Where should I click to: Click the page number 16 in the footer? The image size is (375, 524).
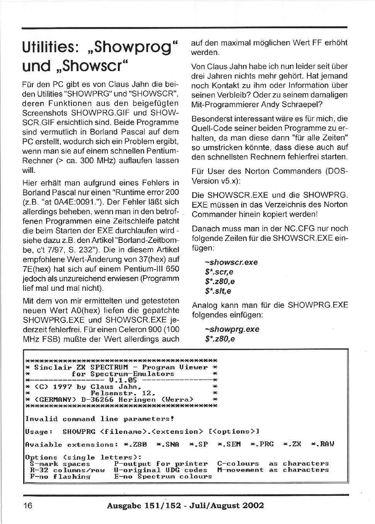[28, 505]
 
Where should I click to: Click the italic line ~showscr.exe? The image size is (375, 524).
[231, 262]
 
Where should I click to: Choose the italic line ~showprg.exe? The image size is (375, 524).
[232, 329]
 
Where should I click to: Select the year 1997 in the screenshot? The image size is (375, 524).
[62, 387]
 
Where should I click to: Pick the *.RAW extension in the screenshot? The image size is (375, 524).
[322, 444]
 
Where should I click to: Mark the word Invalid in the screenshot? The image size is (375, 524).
[41, 419]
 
